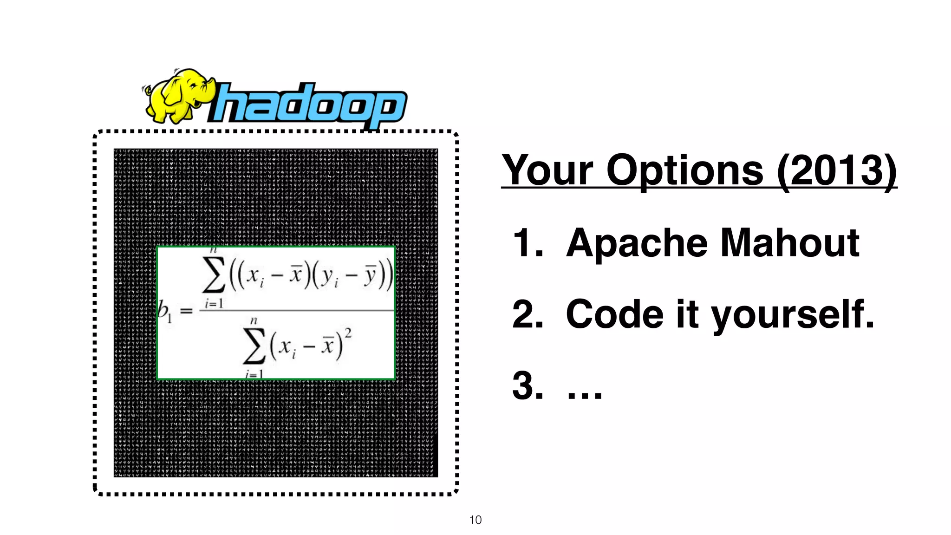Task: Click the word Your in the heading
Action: click(x=548, y=170)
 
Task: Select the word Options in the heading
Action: click(x=685, y=170)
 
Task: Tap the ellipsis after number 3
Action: click(x=585, y=395)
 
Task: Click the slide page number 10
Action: click(x=475, y=520)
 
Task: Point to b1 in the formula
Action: click(x=164, y=310)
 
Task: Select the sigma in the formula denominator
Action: click(x=254, y=346)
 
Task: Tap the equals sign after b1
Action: click(x=186, y=311)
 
